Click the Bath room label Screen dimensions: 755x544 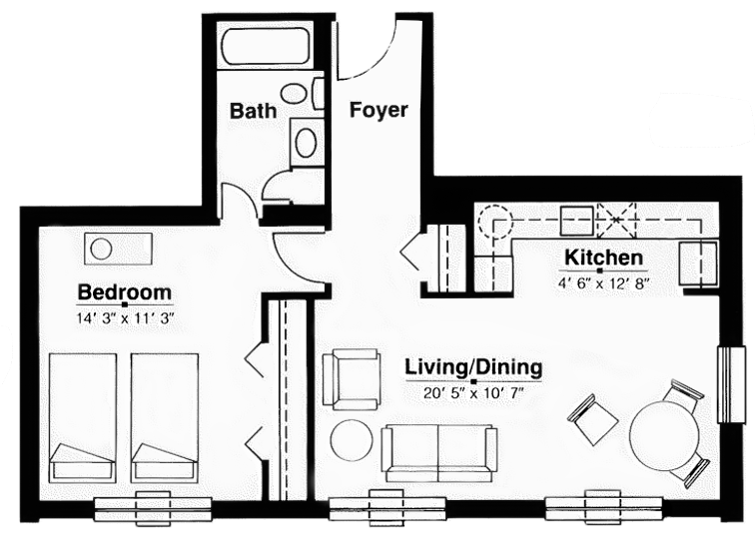click(254, 111)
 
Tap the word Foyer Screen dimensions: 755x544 click(378, 110)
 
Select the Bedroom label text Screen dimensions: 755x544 click(125, 292)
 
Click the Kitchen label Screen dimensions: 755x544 click(604, 258)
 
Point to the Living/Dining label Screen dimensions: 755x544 click(473, 367)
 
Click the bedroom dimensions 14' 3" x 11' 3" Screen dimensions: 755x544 click(125, 318)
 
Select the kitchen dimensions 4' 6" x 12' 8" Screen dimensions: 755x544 click(604, 283)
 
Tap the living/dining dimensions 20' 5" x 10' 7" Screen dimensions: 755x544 click(473, 393)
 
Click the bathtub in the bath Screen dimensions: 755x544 click(266, 46)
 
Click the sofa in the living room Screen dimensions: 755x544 click(438, 453)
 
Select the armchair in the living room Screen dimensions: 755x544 click(352, 379)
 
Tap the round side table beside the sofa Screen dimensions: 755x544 click(352, 440)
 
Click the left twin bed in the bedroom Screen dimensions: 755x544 click(83, 417)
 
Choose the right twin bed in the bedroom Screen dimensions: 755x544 click(165, 417)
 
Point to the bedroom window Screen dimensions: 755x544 click(153, 506)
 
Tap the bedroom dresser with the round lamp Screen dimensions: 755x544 click(119, 249)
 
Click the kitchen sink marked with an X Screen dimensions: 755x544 click(616, 220)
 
